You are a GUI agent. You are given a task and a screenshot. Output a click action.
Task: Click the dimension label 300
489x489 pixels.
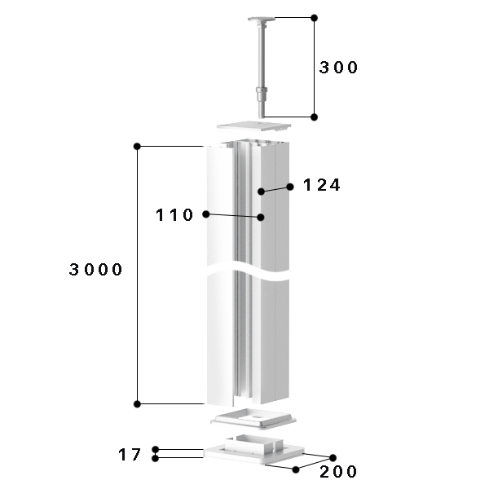pyautogui.click(x=338, y=68)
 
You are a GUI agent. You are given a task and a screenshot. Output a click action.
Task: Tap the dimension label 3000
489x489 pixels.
pyautogui.click(x=95, y=269)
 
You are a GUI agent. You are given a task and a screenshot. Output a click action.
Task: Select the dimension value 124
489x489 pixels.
pyautogui.click(x=322, y=185)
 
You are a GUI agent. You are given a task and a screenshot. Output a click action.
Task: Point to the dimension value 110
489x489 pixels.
pyautogui.click(x=174, y=215)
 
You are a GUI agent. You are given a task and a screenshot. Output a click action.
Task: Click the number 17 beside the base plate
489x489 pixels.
pyautogui.click(x=130, y=455)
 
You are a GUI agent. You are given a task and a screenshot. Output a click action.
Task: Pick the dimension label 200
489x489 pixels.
pyautogui.click(x=338, y=472)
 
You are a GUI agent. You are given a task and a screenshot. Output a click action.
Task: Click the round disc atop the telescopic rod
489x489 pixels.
pyautogui.click(x=262, y=19)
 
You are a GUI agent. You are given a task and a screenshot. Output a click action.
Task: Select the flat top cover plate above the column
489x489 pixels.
pyautogui.click(x=253, y=126)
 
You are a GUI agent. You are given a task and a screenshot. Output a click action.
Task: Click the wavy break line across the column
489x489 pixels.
pyautogui.click(x=248, y=272)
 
